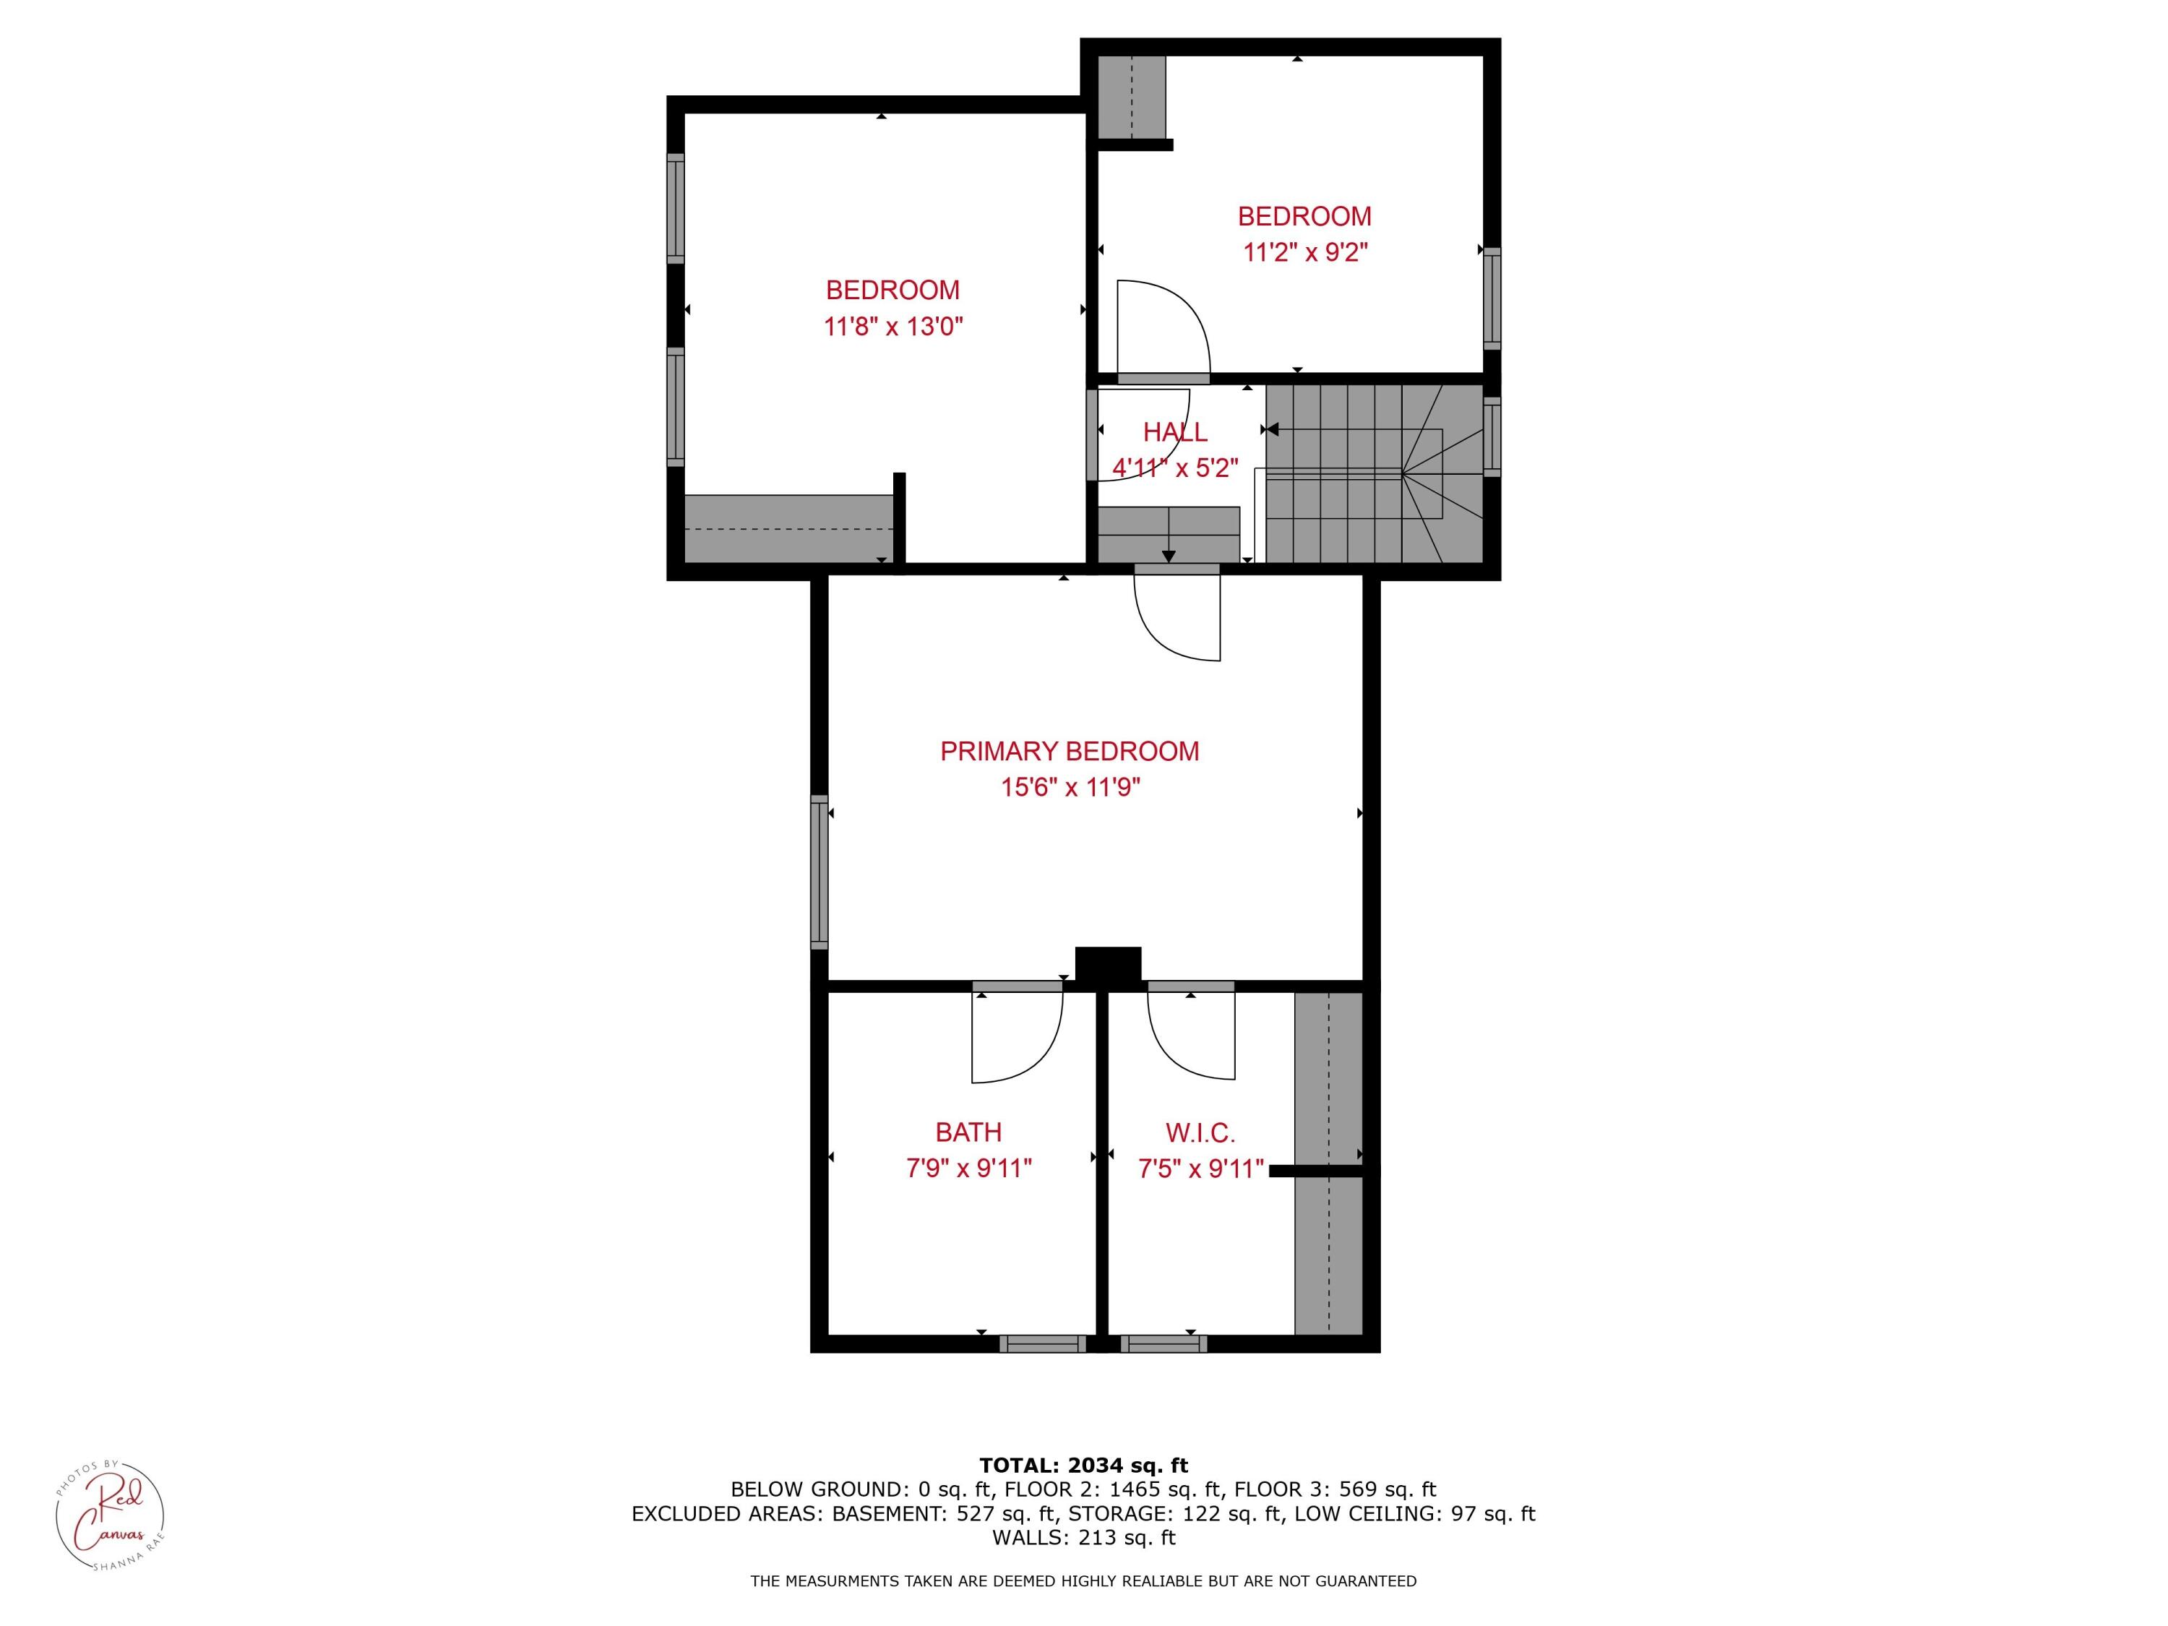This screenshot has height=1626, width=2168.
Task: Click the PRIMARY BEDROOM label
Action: tap(1070, 752)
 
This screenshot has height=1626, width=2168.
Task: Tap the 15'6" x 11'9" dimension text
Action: tap(1070, 787)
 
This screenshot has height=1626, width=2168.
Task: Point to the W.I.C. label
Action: tap(1200, 1133)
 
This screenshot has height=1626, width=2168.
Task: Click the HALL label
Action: tap(1174, 432)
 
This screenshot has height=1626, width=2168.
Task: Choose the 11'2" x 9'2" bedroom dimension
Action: tap(1304, 253)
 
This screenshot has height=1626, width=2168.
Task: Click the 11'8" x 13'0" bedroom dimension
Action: tap(893, 327)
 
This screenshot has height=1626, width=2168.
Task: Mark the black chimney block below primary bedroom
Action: tap(1108, 965)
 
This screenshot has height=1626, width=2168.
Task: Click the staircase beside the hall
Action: tap(1372, 473)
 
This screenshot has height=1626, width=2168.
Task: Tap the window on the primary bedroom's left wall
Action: tap(820, 872)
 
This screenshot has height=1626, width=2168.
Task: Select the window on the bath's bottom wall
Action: tap(1042, 1343)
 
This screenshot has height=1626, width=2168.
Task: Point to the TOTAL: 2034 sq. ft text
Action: tap(1083, 1466)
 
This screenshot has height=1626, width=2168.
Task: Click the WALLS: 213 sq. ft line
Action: tap(1083, 1538)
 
